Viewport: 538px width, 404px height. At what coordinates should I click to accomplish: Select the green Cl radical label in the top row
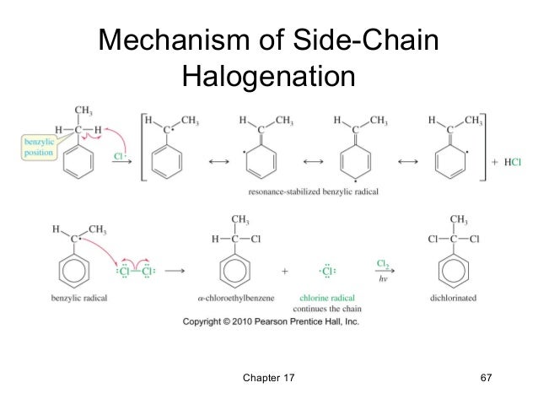click(x=120, y=157)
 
